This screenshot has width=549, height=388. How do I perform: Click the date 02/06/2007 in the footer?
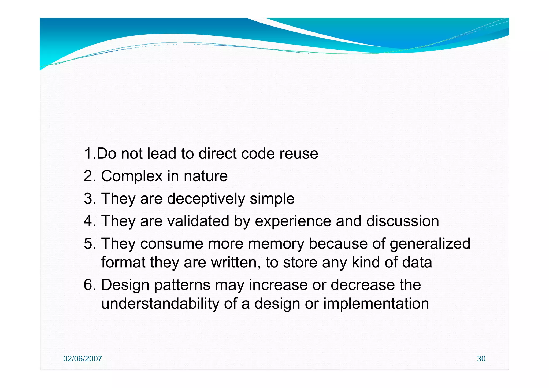click(83, 359)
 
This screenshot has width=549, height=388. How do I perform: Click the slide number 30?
click(481, 359)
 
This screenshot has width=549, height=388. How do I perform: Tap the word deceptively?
click(206, 199)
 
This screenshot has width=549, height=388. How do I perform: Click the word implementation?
click(376, 304)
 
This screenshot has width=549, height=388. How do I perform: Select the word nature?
click(206, 176)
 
